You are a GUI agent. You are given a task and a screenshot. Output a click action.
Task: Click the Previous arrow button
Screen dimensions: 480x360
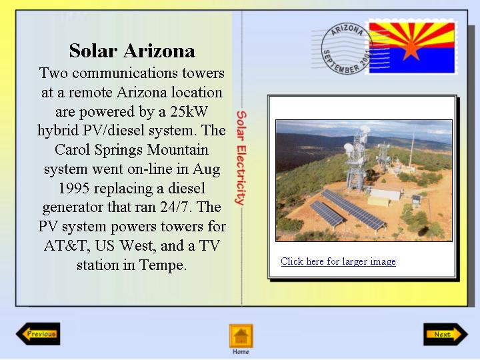tap(38, 334)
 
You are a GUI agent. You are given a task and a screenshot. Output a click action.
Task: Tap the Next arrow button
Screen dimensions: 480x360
tap(445, 334)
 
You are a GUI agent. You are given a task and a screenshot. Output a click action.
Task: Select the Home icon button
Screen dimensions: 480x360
tap(241, 336)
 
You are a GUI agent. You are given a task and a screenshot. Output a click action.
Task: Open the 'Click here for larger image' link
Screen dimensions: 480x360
tap(338, 261)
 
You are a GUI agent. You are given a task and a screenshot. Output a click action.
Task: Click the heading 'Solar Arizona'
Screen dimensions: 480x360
tap(132, 51)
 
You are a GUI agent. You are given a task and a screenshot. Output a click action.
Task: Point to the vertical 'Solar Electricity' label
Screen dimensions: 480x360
tap(241, 157)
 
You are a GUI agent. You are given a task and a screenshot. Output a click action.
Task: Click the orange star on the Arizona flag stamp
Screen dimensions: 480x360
tap(411, 49)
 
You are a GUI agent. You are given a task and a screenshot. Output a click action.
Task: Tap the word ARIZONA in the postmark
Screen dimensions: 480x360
tap(347, 30)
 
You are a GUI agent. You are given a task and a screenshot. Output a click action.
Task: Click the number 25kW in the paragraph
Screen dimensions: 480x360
tap(189, 111)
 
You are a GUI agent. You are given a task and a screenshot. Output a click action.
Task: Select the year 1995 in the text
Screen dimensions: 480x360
tap(74, 188)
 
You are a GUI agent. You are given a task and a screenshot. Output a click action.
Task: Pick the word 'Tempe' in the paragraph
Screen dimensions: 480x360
tap(163, 265)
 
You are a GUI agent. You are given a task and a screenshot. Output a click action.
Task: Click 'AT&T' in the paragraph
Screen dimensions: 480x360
tap(65, 245)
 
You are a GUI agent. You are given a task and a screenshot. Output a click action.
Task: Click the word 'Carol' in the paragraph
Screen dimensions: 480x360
tap(73, 150)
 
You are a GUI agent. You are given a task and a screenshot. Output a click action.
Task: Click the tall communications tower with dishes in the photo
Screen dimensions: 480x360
tap(356, 159)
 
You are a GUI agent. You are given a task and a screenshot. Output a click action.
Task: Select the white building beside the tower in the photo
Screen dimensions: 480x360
tap(385, 195)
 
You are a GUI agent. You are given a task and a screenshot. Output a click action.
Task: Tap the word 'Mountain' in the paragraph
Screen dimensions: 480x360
tap(178, 150)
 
